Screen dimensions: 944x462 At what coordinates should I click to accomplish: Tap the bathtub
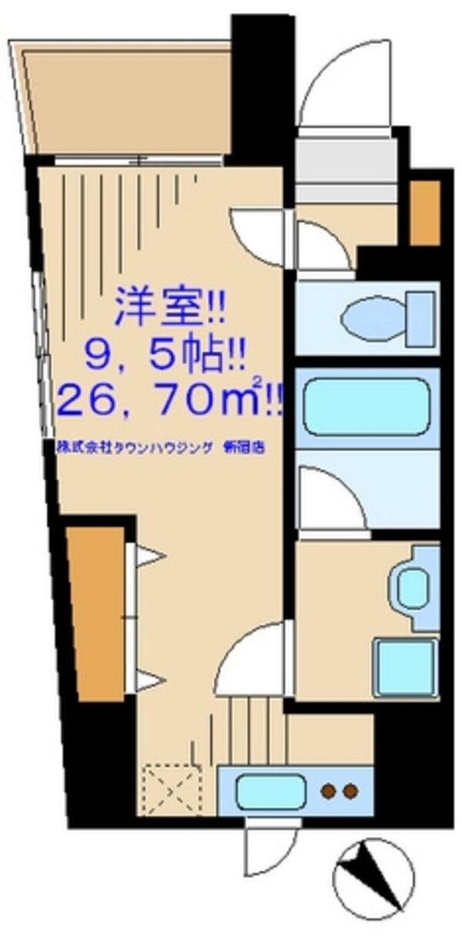[x=366, y=407]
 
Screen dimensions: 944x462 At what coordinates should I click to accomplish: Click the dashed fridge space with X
[x=171, y=787]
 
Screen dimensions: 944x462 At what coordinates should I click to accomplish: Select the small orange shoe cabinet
[x=425, y=213]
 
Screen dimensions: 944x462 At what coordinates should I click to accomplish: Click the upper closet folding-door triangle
[x=149, y=556]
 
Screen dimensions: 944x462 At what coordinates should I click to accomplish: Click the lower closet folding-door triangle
[x=149, y=680]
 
